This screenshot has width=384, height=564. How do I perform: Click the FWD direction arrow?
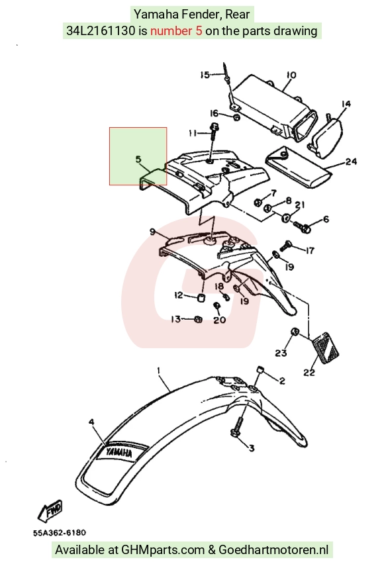coord(50,510)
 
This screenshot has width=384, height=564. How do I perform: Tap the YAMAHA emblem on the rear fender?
coord(119,452)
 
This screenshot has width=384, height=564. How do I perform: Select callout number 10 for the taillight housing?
coord(291,75)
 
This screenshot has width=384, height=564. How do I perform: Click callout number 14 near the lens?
coord(346,104)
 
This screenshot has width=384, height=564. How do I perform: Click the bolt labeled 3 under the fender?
coord(236,430)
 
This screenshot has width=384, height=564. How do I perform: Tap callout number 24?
coord(351,162)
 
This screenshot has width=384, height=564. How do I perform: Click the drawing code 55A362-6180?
coord(60,533)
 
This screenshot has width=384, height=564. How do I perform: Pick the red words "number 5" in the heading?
coord(176,31)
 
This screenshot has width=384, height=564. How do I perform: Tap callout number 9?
coord(152,232)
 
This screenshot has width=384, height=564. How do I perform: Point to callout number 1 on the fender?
coord(158,370)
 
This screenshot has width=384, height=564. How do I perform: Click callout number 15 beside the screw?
coord(205,75)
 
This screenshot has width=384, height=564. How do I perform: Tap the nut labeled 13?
coord(198,319)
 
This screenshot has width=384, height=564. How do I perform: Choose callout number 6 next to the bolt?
coord(326,219)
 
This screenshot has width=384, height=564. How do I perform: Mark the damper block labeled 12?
coord(202,297)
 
